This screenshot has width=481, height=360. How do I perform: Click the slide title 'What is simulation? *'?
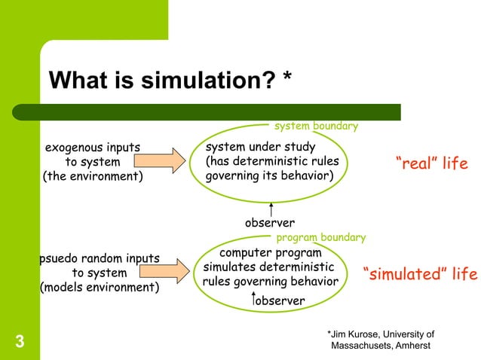170,81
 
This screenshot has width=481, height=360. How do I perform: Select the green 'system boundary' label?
315,127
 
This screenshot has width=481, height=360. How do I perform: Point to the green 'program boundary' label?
321,238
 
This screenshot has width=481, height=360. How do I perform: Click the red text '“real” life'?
432,163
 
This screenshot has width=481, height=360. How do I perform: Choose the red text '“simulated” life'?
420,275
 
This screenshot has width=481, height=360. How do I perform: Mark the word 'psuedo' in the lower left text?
60,259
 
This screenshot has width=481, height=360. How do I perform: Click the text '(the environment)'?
92,178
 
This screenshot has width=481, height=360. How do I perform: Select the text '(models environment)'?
99,288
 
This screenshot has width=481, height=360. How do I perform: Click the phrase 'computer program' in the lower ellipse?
270,253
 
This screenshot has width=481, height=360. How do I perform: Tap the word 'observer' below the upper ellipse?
270,223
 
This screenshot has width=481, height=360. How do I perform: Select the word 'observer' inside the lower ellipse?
280,301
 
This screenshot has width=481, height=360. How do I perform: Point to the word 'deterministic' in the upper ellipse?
302,162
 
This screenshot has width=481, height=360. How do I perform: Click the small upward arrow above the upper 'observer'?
270,208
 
